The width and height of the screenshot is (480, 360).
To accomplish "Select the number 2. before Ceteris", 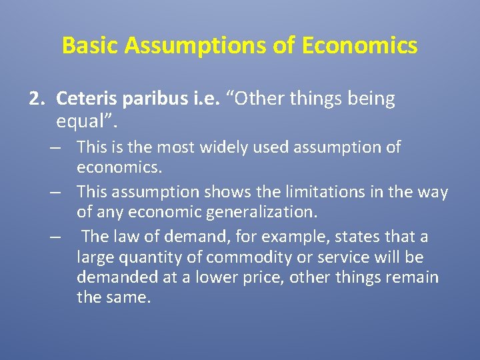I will pos(38,99).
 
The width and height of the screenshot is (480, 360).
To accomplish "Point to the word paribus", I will pos(143,99).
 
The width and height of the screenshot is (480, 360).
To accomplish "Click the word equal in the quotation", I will pos(80,122).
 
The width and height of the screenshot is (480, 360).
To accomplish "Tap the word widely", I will pos(223,147).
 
